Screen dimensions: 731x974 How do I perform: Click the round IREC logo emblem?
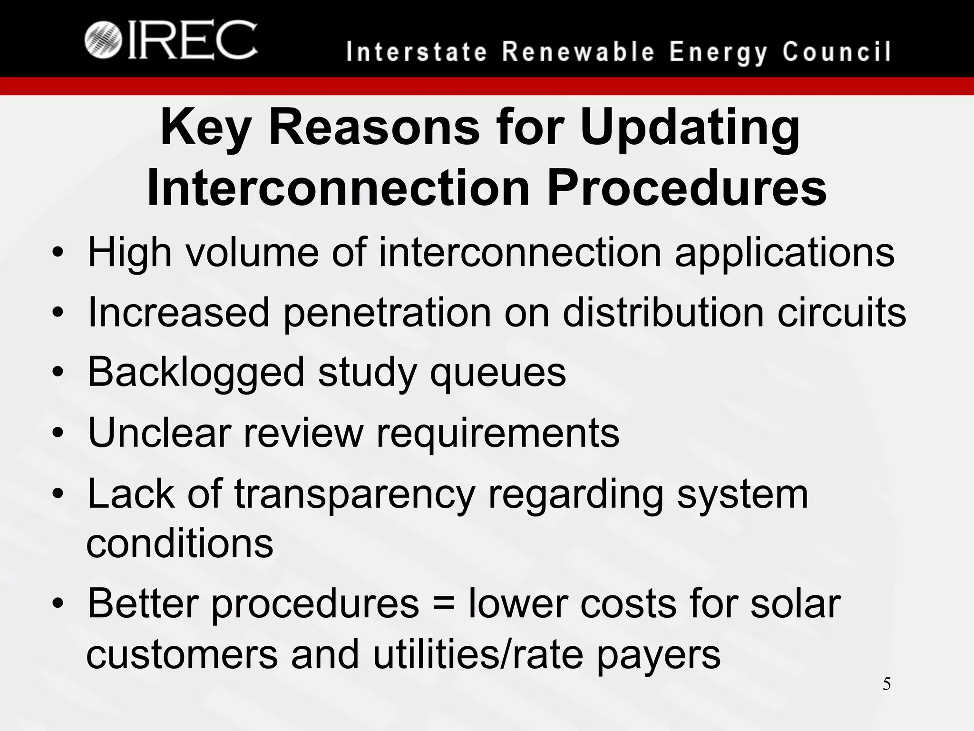pos(103,40)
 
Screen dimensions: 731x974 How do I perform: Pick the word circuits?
pos(842,312)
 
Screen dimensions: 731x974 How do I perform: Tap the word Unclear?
pos(159,433)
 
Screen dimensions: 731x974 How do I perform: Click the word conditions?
pos(180,543)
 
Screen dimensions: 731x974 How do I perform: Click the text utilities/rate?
pos(477,655)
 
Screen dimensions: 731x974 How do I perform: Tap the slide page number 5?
pos(886,684)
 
